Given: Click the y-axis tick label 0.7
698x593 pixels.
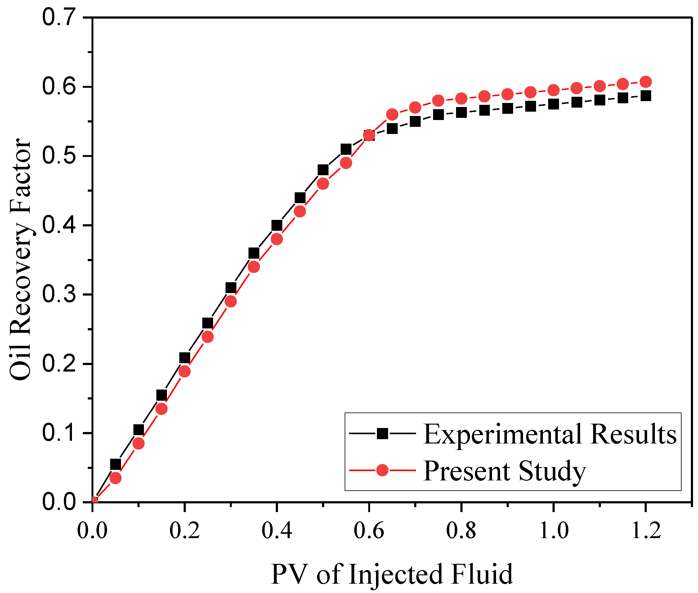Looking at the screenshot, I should tap(58, 17).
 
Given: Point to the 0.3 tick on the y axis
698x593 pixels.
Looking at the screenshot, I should tap(58, 294).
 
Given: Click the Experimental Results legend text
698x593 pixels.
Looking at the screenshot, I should tap(550, 434).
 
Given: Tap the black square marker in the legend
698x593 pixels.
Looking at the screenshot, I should tap(382, 433).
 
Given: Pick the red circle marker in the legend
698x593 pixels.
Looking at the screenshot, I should tap(382, 470).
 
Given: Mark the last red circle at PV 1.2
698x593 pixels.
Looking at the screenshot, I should tap(646, 82).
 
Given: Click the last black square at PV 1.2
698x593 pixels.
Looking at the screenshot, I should tap(646, 96).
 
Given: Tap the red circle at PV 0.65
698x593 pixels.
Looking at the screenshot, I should tap(392, 115).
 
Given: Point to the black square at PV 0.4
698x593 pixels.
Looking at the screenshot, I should tap(276, 225).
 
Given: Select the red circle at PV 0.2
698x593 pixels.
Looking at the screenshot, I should tap(184, 372).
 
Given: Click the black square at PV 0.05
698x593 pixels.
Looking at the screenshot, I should tap(115, 464).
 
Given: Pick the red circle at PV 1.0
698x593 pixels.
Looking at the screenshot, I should tap(553, 90).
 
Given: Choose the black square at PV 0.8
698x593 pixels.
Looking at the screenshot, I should tap(461, 112).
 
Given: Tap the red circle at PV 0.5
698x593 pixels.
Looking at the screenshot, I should tap(323, 184).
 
